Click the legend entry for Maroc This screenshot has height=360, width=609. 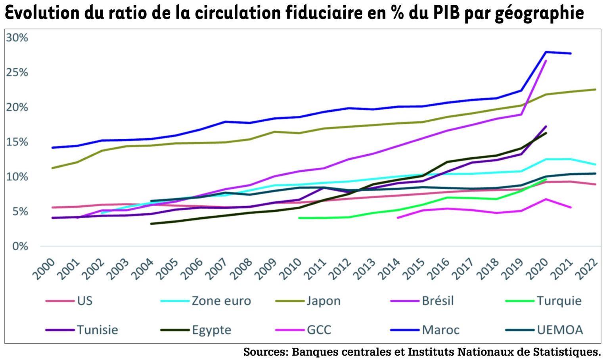440,330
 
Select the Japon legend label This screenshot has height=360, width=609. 323,301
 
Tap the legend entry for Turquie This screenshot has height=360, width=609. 559,301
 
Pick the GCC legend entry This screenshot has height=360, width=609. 319,330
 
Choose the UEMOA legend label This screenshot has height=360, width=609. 560,330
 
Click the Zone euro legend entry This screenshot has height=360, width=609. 221,301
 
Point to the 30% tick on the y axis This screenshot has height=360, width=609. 17,38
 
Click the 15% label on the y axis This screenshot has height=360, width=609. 17,142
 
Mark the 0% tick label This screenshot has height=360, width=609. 20,246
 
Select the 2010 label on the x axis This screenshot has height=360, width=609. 291,268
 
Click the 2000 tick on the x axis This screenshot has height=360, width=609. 44,268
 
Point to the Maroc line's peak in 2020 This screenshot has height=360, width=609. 546,52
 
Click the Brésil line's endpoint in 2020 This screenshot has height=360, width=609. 546,61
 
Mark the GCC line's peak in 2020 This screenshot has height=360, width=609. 546,199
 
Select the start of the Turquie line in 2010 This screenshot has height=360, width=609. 299,218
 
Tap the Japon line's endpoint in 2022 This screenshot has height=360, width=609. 596,89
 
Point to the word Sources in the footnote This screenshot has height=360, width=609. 265,352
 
